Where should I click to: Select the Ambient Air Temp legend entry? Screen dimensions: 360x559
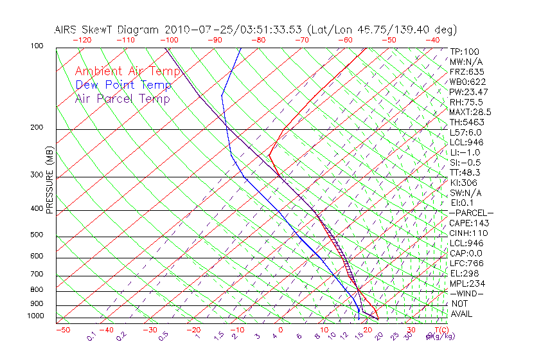point(128,71)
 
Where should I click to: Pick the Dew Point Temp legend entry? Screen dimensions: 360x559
point(123,85)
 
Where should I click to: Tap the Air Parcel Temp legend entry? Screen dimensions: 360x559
point(123,98)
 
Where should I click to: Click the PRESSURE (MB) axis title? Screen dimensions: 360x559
point(49,180)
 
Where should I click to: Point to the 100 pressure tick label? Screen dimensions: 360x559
point(37,46)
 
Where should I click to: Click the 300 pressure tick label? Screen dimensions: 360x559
point(37,175)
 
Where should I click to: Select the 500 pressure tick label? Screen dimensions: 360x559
point(37,235)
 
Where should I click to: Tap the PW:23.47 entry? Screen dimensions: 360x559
point(469,92)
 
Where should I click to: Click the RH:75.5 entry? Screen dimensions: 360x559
point(466,102)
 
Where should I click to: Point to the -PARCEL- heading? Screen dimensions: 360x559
point(471,213)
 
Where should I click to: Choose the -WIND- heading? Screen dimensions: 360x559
point(467,293)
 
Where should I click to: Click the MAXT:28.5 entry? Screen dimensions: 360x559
point(470,112)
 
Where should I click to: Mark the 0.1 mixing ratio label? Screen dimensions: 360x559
point(91,336)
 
